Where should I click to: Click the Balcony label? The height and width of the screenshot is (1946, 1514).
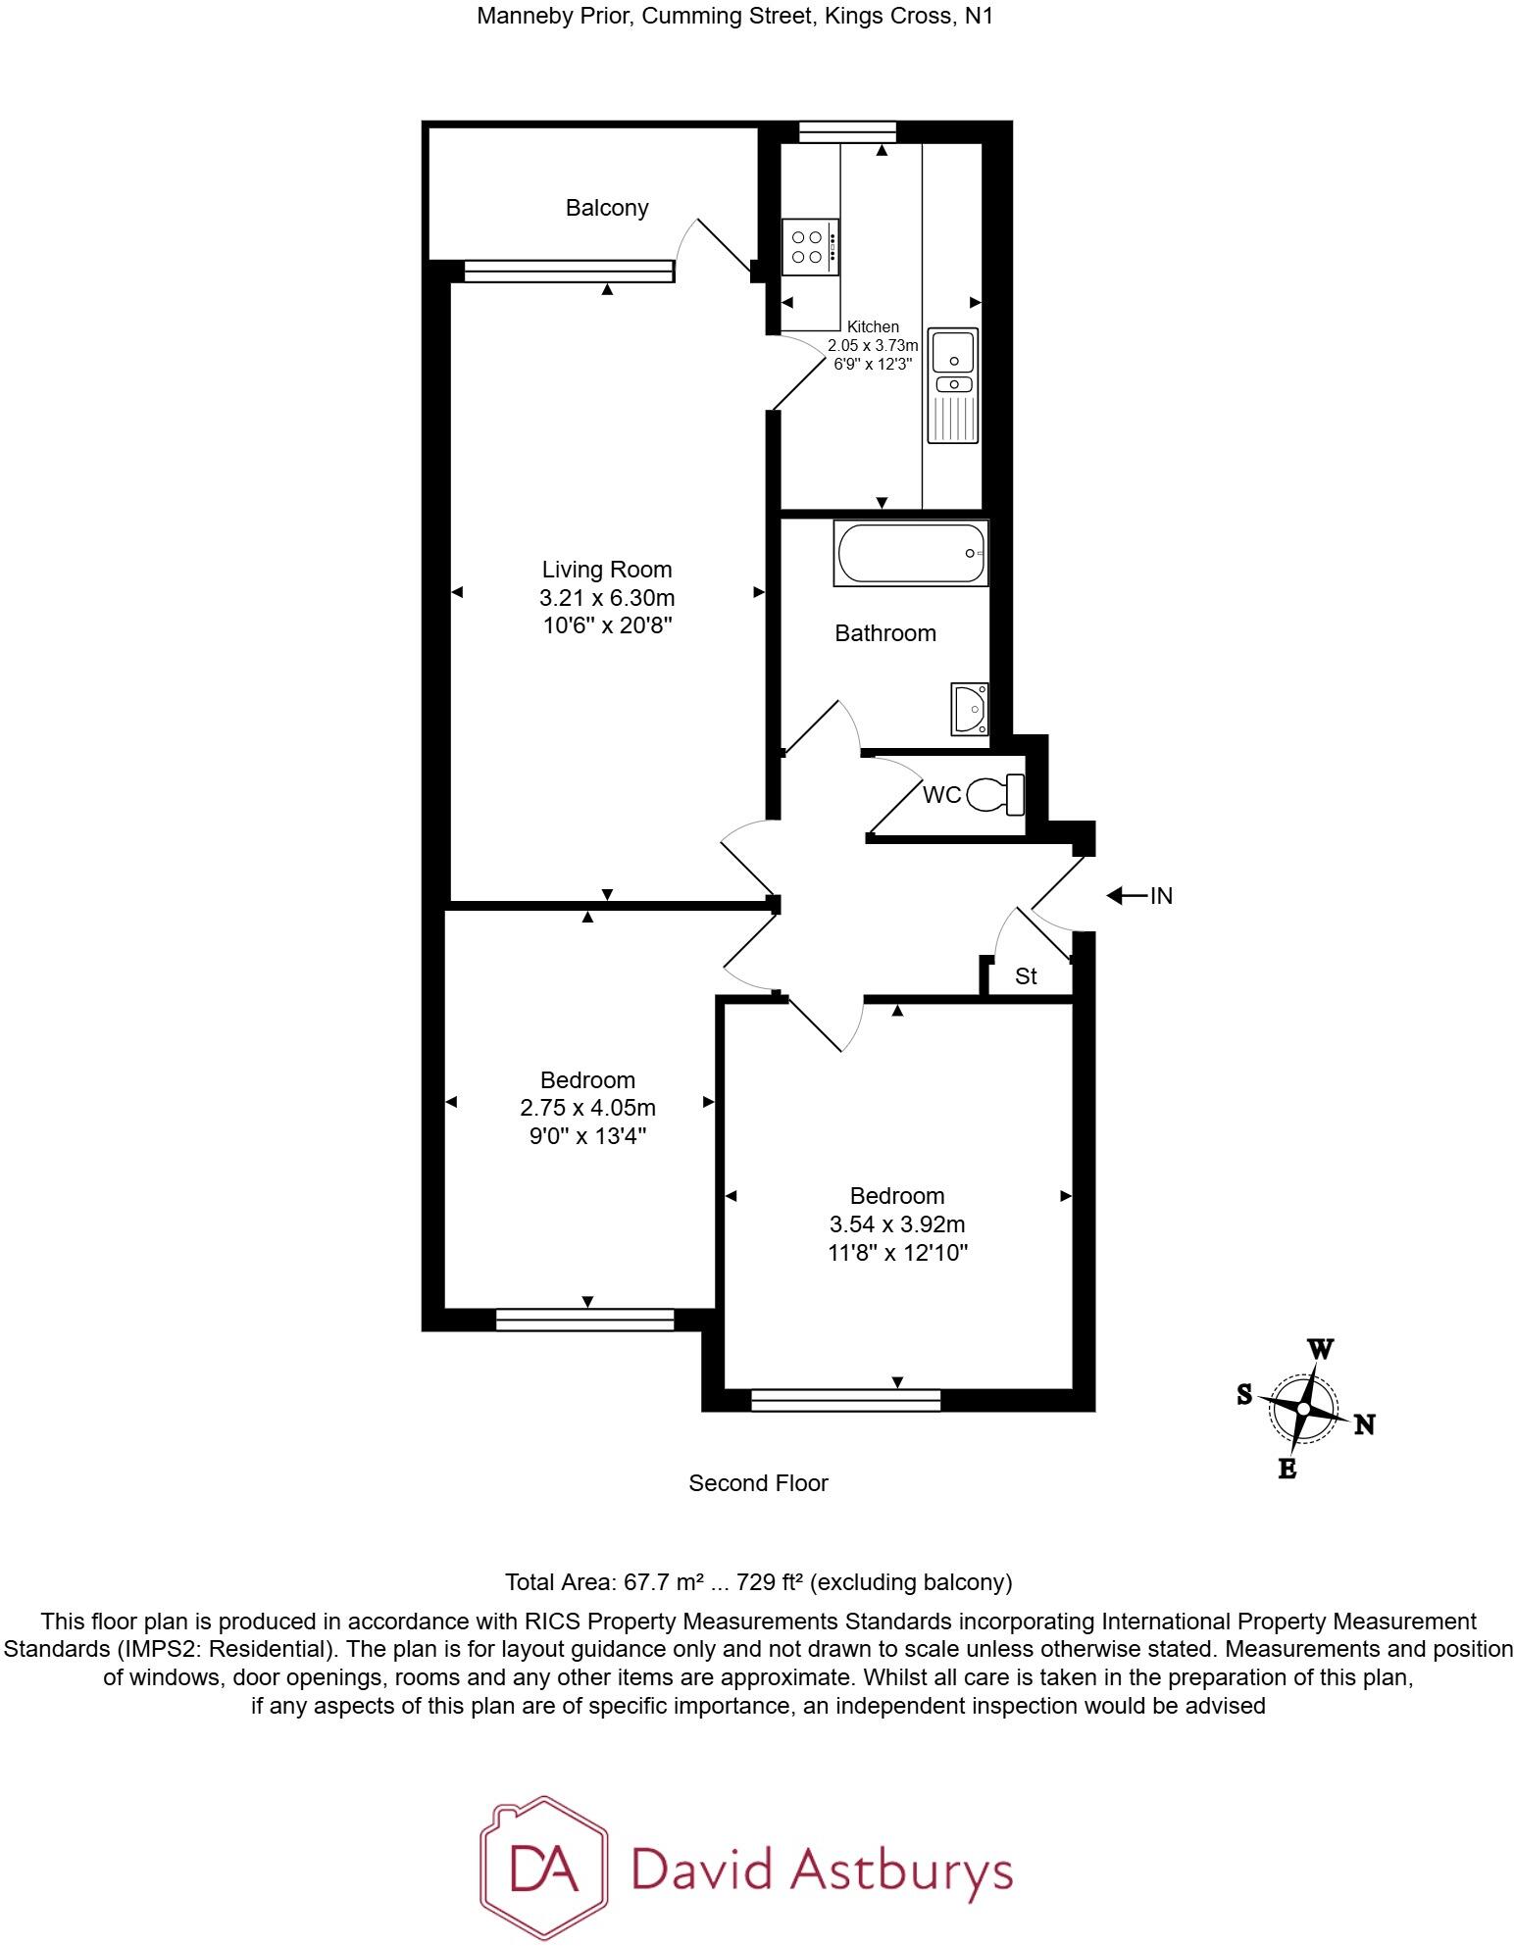607,208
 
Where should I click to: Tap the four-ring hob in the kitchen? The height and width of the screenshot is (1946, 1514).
810,247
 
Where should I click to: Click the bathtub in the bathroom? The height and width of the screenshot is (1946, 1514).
911,554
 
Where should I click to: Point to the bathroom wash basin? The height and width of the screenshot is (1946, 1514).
970,709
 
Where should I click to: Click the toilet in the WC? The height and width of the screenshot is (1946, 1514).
996,794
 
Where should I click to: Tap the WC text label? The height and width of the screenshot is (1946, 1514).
941,795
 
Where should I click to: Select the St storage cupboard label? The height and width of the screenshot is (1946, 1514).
1026,976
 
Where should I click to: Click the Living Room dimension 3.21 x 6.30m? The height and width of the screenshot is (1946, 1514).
607,597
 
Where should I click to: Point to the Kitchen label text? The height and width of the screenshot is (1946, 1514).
873,326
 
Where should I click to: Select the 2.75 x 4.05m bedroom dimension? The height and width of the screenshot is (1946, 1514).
587,1108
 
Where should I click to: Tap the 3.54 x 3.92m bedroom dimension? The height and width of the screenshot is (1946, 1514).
897,1224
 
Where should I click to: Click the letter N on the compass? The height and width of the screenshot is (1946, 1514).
1364,1425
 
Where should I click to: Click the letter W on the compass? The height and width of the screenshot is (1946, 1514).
1321,1350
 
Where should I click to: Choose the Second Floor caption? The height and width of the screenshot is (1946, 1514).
758,1483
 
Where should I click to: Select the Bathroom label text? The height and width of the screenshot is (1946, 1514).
884,633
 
